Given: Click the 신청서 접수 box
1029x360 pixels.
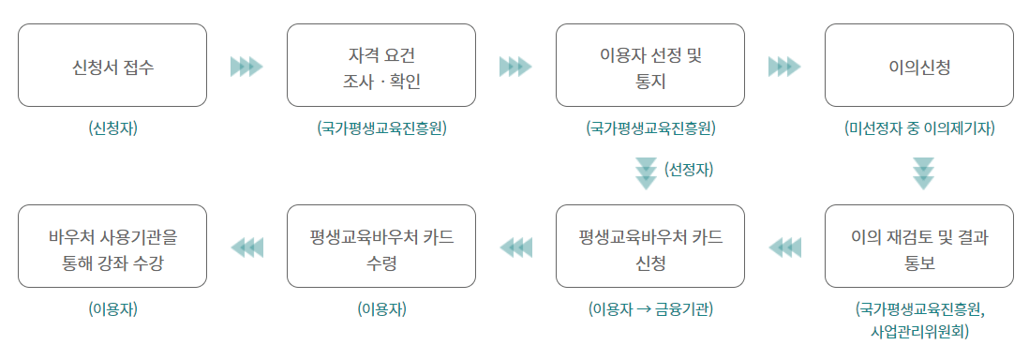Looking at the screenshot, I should (112, 66).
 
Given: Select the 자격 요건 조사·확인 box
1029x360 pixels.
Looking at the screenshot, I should (381, 66).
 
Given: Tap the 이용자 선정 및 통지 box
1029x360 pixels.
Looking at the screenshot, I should (650, 66).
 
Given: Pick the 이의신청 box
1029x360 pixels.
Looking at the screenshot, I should (918, 66).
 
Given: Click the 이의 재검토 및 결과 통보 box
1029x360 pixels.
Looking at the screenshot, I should (918, 246).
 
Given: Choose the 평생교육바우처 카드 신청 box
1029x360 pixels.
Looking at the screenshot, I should (650, 246).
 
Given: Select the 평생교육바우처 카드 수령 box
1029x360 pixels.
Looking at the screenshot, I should (381, 246).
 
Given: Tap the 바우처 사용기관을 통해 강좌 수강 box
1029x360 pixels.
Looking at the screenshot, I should (112, 246).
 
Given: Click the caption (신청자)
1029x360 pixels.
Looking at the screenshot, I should (112, 128).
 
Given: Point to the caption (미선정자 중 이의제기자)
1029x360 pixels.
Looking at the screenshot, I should (918, 128).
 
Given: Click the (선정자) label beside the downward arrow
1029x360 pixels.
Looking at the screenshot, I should (689, 170).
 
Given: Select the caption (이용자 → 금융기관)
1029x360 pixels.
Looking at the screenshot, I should (650, 308).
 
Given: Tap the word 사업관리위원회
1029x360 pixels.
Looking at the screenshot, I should (918, 331).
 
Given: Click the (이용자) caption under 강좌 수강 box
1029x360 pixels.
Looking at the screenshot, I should (112, 308).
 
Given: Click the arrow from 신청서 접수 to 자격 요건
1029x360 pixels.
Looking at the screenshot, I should (246, 67).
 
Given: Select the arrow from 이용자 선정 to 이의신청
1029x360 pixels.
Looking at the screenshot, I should (784, 67).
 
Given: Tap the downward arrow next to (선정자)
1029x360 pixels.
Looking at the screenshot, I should (647, 172).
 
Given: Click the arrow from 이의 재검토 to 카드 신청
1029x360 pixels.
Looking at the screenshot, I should (784, 247).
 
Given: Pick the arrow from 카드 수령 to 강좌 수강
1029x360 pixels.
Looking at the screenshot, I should (246, 247).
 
